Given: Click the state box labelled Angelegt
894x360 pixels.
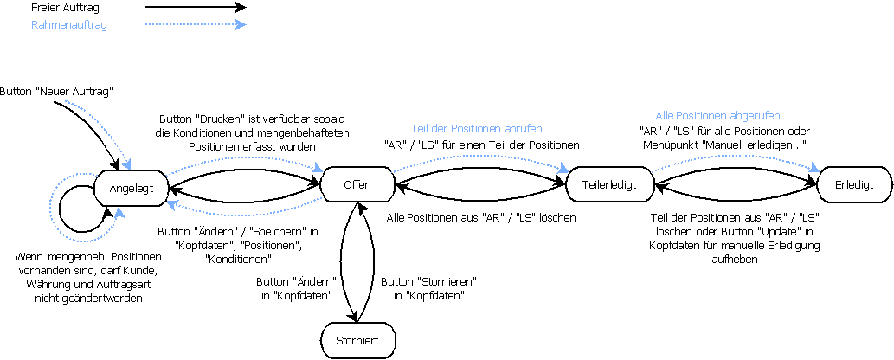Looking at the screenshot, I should (x=130, y=185).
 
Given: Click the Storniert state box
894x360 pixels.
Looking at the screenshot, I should (x=357, y=339).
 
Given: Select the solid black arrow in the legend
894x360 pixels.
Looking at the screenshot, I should (x=196, y=8).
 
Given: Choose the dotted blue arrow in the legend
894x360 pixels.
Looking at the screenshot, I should (x=196, y=25).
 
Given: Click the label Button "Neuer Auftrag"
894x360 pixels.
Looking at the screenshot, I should (x=57, y=91).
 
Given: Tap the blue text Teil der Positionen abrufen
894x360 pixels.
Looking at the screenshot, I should (x=481, y=129).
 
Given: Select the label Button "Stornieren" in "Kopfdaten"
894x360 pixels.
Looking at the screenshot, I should (x=429, y=289).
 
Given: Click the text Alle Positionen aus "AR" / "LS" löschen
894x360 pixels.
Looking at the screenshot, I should (x=481, y=217).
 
